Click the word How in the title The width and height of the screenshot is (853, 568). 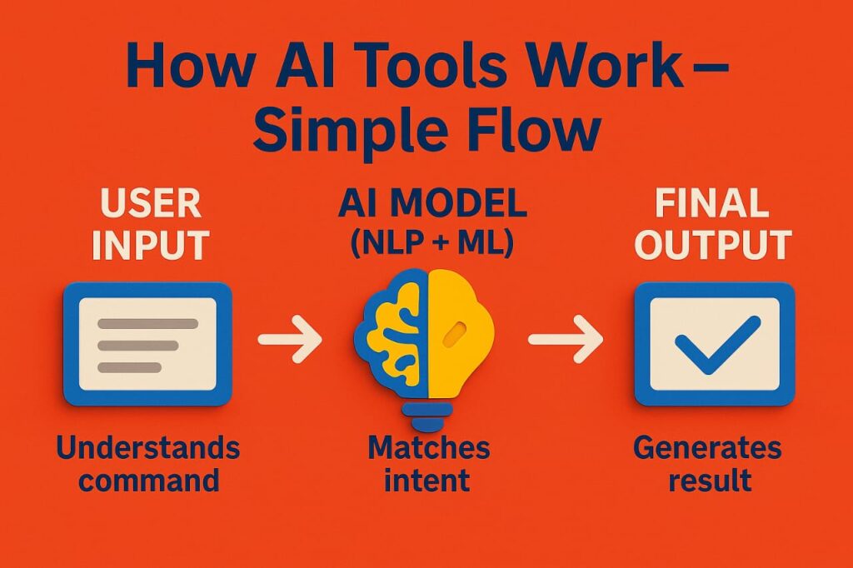pyautogui.click(x=190, y=67)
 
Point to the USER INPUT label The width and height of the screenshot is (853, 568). pyautogui.click(x=151, y=224)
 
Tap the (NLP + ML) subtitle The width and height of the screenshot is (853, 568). pyautogui.click(x=432, y=242)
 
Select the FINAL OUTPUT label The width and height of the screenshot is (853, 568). pyautogui.click(x=713, y=224)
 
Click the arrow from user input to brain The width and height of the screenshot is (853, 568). pyautogui.click(x=290, y=339)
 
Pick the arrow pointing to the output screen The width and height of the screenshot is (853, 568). pyautogui.click(x=566, y=339)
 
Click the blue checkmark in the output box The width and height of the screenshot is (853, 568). pyautogui.click(x=717, y=345)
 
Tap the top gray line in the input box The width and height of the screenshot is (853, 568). pyautogui.click(x=148, y=324)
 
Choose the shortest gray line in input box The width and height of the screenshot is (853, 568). pyautogui.click(x=129, y=368)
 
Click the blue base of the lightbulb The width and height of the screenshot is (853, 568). pyautogui.click(x=426, y=416)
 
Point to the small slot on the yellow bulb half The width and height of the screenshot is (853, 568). pyautogui.click(x=454, y=333)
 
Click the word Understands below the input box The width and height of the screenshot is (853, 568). pyautogui.click(x=148, y=448)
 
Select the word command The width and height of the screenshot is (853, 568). pyautogui.click(x=148, y=481)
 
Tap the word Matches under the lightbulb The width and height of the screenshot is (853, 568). pyautogui.click(x=429, y=448)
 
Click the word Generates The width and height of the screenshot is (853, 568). pyautogui.click(x=707, y=448)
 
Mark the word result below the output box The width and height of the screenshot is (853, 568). pyautogui.click(x=710, y=481)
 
